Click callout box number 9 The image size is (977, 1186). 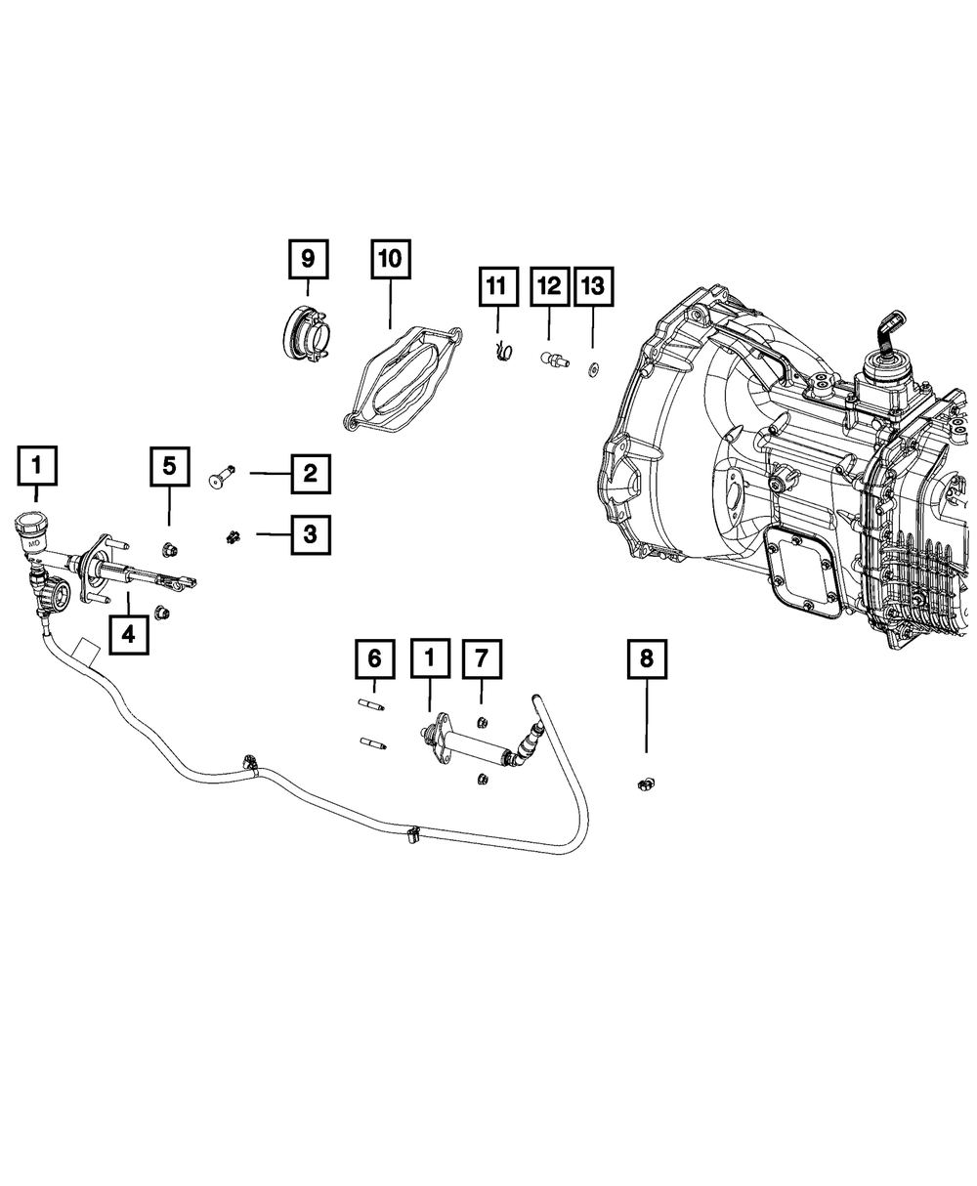pyautogui.click(x=308, y=259)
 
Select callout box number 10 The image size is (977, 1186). pyautogui.click(x=390, y=259)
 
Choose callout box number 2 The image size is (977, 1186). pyautogui.click(x=309, y=475)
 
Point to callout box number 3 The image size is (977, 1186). pyautogui.click(x=309, y=533)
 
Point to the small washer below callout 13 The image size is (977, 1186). pyautogui.click(x=592, y=370)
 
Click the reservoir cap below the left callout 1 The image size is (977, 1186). pyautogui.click(x=33, y=528)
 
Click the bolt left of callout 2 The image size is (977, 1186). pyautogui.click(x=220, y=476)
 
